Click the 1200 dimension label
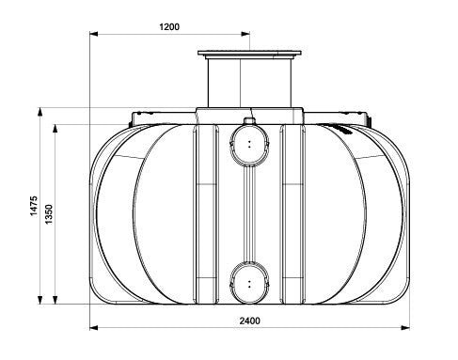[169, 27]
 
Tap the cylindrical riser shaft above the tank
[249, 85]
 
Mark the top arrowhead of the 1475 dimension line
[40, 111]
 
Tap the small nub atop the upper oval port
[249, 120]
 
